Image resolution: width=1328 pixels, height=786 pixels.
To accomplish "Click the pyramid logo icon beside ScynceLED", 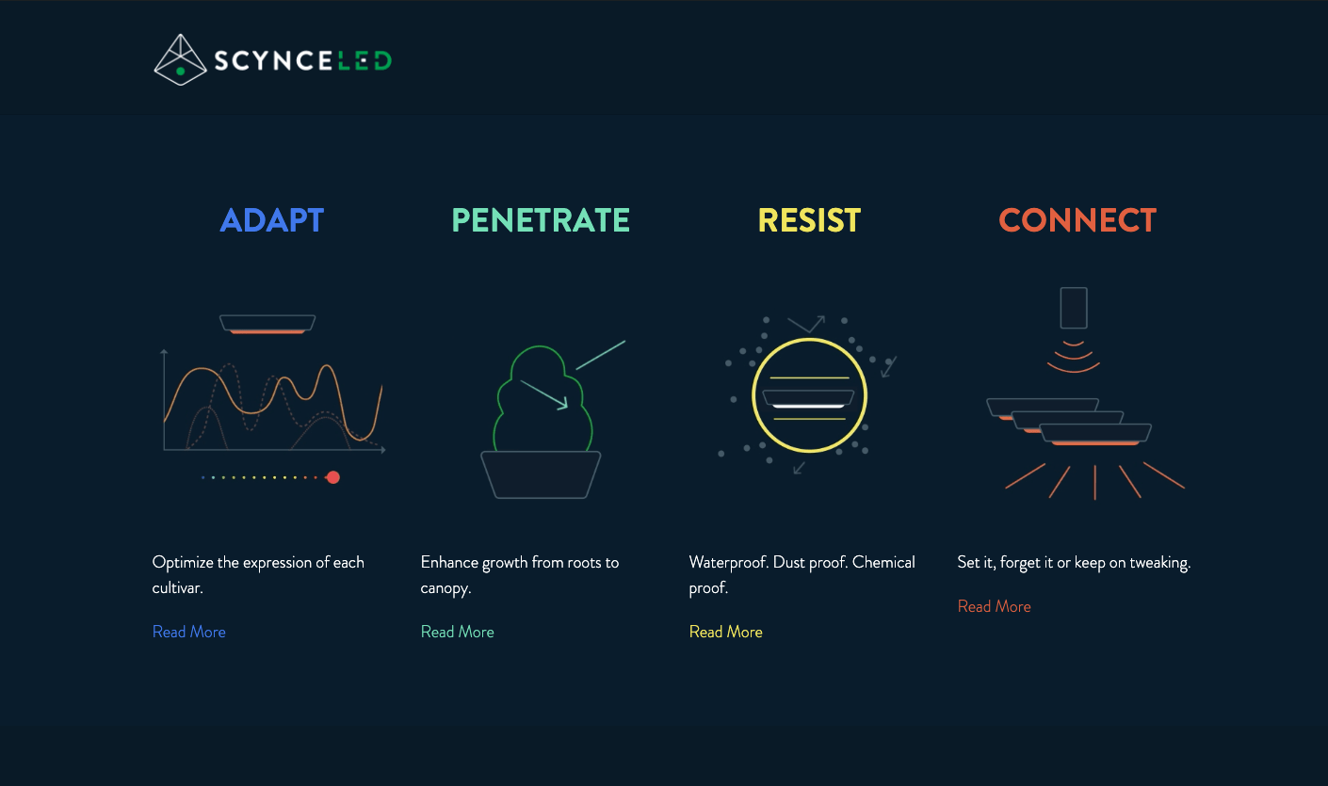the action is pos(180,60).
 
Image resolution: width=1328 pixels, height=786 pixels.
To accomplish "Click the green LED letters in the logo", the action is pos(364,60).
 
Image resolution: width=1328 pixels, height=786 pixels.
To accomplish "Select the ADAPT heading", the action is pos(271,220).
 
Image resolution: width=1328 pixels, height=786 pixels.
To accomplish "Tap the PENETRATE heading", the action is pos(540,220).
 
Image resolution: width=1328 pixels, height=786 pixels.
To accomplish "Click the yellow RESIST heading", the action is pos(809,220).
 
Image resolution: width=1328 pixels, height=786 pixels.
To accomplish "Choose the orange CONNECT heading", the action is pos(1077,220).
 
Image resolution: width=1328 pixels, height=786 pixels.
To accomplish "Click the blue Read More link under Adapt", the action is pos(188,632).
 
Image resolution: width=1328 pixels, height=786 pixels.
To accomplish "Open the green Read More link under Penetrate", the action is pos(457,632).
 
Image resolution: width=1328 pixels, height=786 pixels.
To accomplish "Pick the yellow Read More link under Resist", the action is pos(725,632).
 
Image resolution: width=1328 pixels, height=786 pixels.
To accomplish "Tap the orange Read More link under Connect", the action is pos(995,606).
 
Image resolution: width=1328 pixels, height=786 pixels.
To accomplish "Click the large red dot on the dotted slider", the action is pos(333,477).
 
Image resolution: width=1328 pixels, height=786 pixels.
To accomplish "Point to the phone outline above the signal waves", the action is pos(1074,308).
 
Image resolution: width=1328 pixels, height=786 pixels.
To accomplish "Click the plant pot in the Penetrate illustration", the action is pos(540,474).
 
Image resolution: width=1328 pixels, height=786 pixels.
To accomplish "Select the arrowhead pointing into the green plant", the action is pos(563,404).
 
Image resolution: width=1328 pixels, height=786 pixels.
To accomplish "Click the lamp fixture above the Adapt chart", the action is pos(267,324).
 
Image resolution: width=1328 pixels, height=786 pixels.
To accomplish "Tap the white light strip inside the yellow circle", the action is pos(809,407).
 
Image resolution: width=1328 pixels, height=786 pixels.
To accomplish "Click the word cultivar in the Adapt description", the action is pos(177,587).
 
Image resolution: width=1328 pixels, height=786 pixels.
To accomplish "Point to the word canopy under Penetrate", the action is pos(445,588).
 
